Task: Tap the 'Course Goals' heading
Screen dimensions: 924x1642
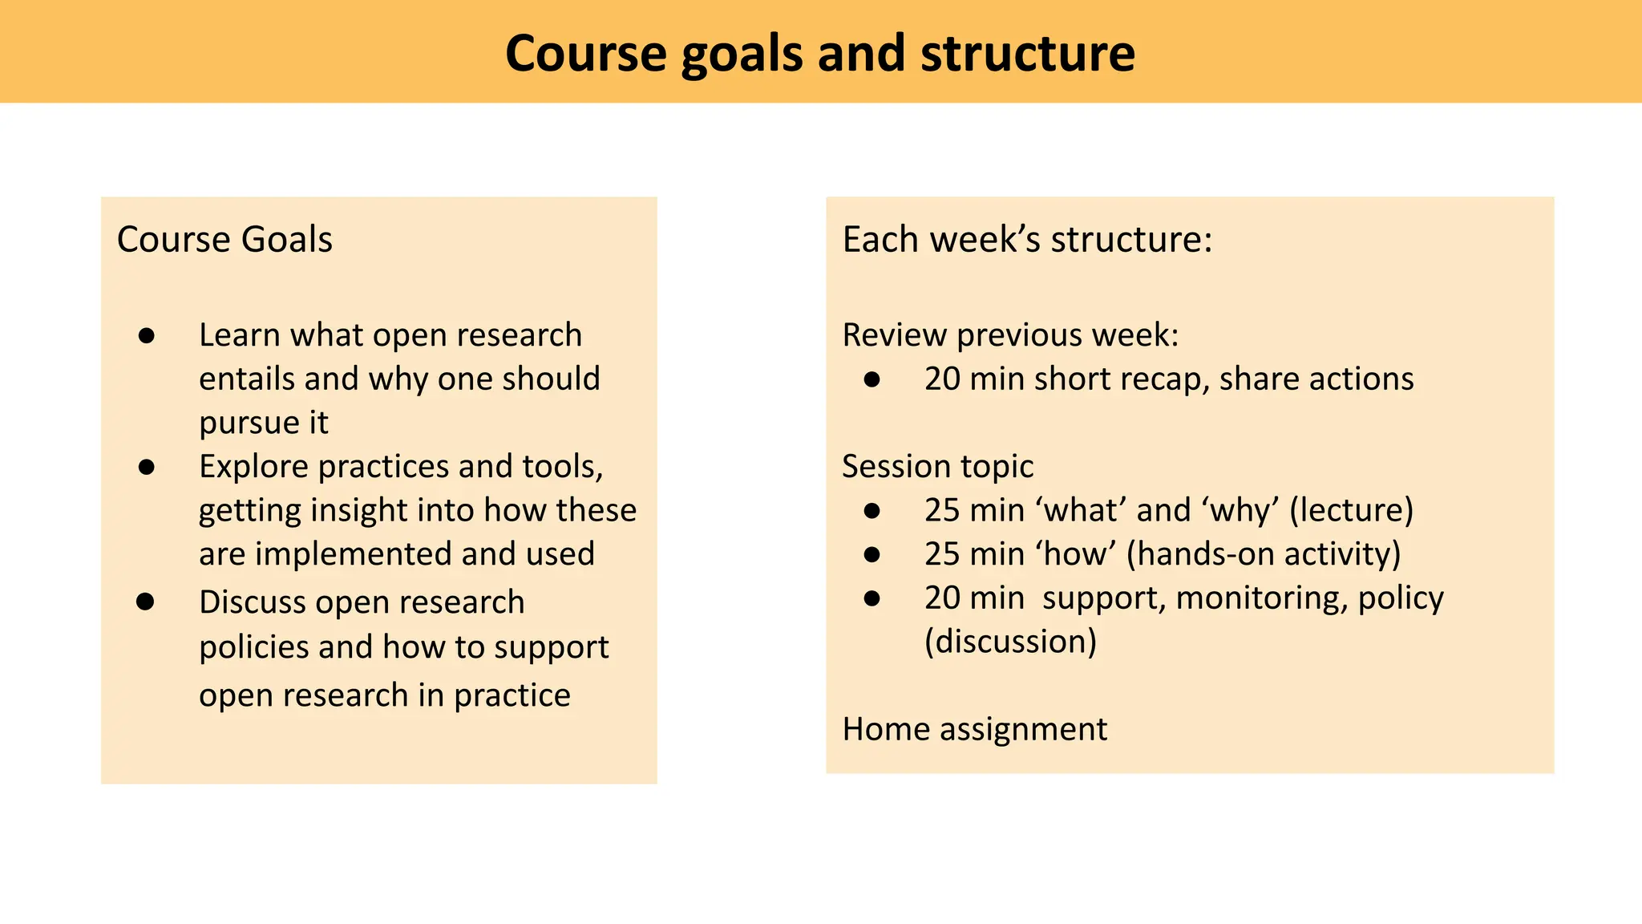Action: [224, 239]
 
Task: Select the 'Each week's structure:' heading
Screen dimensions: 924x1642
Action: [1027, 239]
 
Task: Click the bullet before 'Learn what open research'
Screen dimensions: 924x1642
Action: [146, 336]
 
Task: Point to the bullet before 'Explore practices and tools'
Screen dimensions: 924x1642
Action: [146, 468]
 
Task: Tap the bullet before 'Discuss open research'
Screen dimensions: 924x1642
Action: [145, 602]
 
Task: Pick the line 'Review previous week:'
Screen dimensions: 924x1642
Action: [1010, 335]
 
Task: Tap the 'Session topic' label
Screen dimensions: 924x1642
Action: [937, 467]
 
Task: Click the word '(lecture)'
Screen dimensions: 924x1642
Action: [1351, 510]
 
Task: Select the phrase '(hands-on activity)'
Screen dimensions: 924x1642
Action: [1264, 554]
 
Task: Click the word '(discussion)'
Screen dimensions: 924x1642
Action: [1010, 642]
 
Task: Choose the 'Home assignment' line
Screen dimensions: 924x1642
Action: [974, 729]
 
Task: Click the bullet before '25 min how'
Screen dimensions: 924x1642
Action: [872, 554]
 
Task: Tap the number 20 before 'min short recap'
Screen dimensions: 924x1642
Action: [942, 379]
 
